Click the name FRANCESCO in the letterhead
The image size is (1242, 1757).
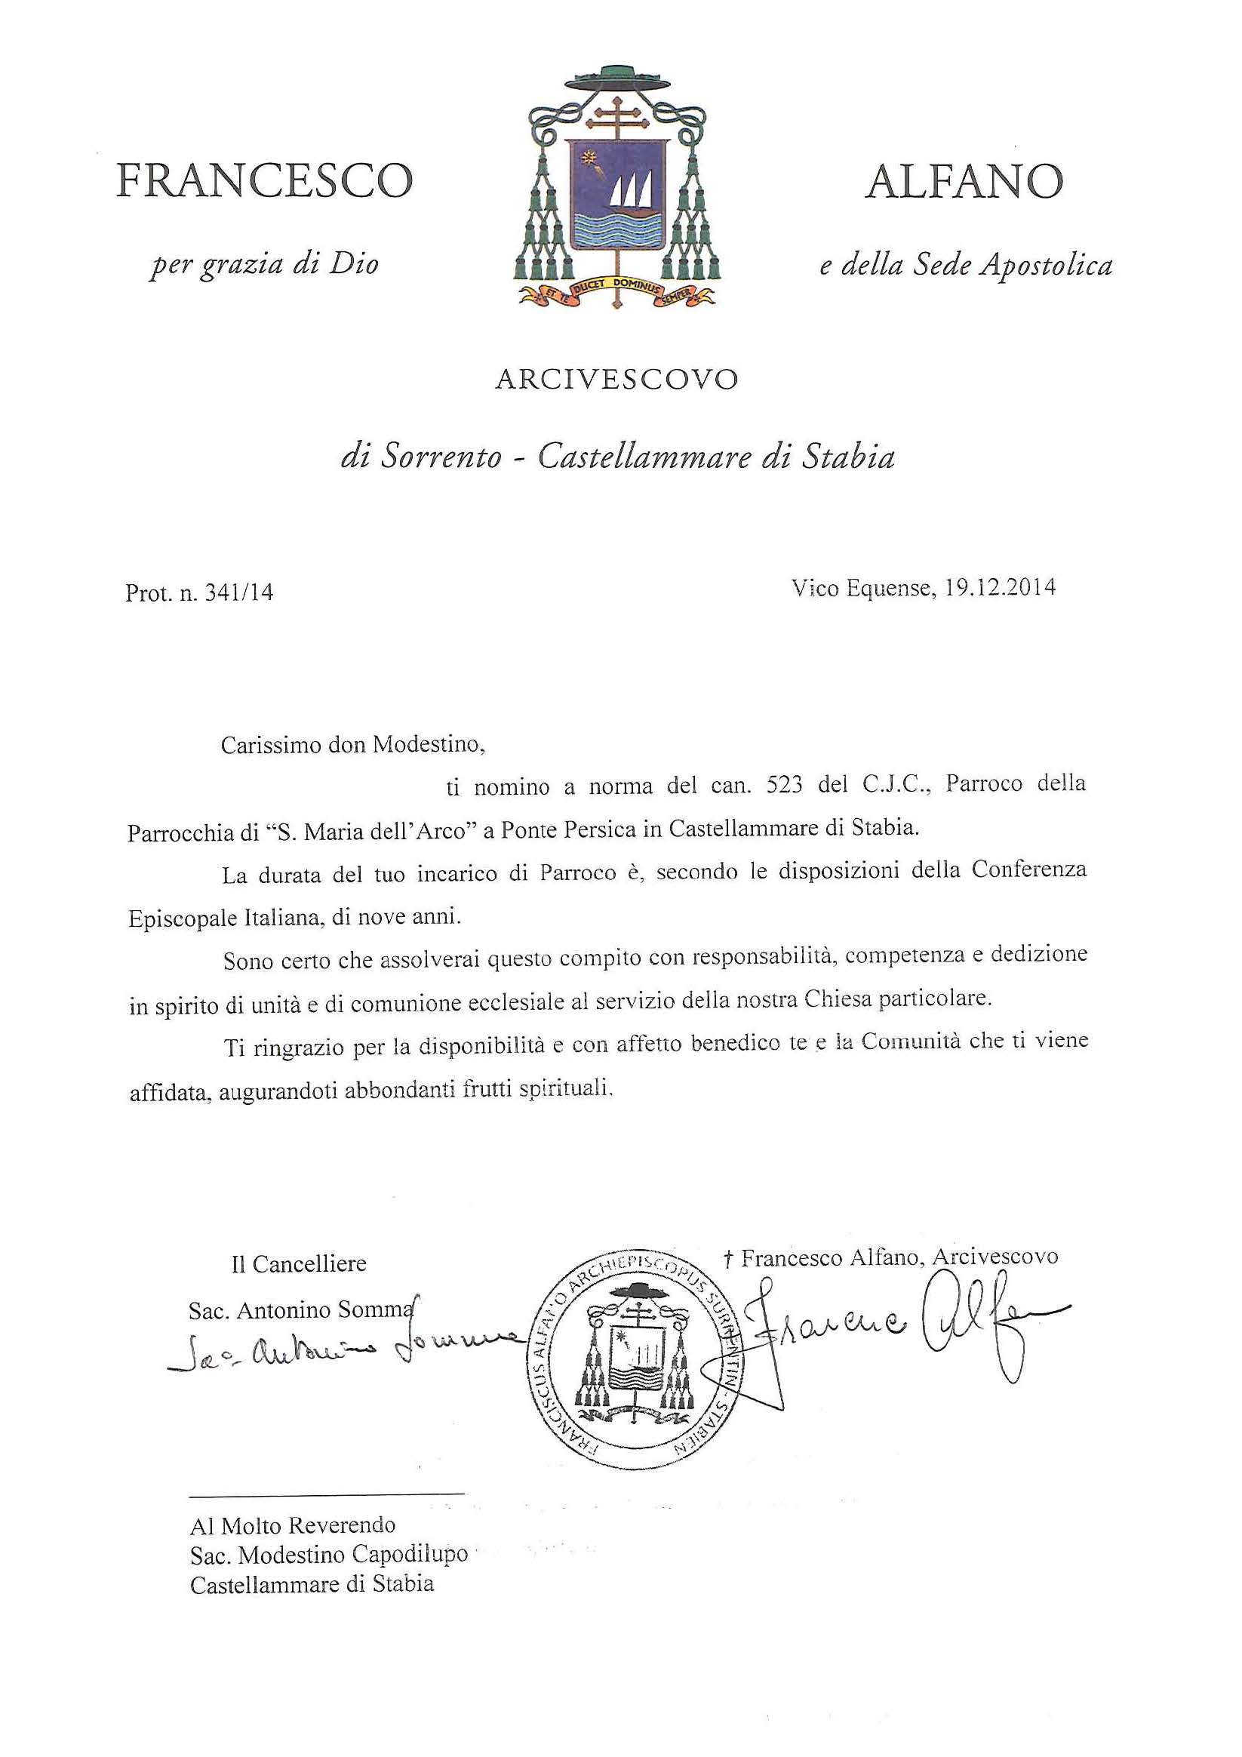coord(264,181)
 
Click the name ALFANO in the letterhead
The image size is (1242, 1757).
coord(964,182)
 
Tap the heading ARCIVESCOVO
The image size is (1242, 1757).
coord(616,380)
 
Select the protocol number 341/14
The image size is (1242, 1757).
coord(238,593)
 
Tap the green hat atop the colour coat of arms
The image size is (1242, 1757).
coord(616,77)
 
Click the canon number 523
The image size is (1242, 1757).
coord(784,786)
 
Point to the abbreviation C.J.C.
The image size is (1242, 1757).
coord(896,785)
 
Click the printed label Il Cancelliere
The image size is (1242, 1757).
coord(299,1263)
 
